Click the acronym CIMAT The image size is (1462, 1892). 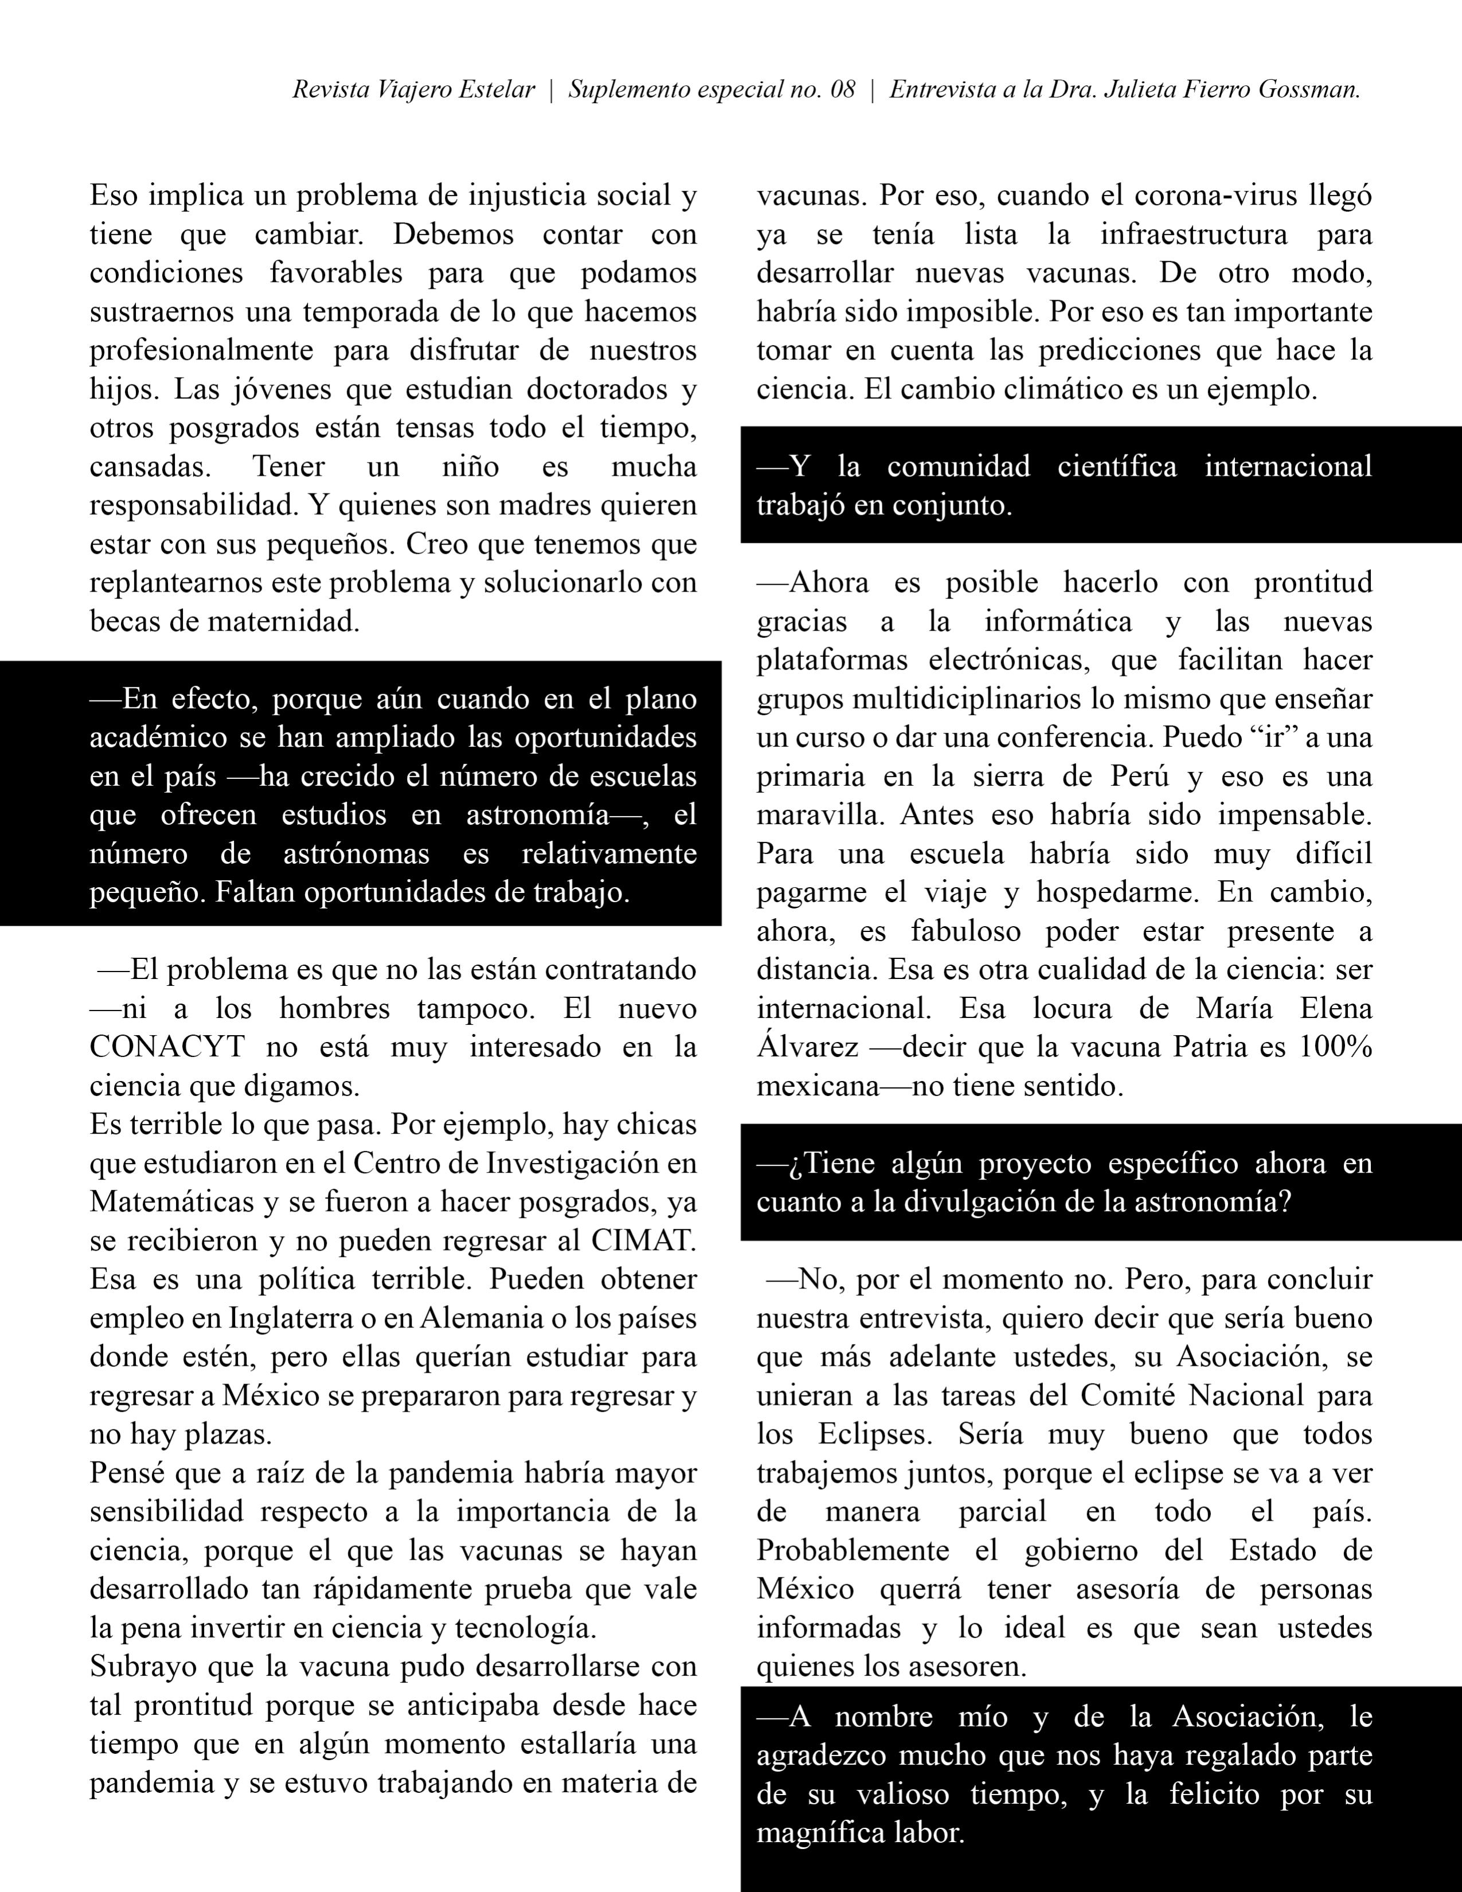click(x=643, y=1240)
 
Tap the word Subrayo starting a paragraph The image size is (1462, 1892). click(x=142, y=1667)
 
